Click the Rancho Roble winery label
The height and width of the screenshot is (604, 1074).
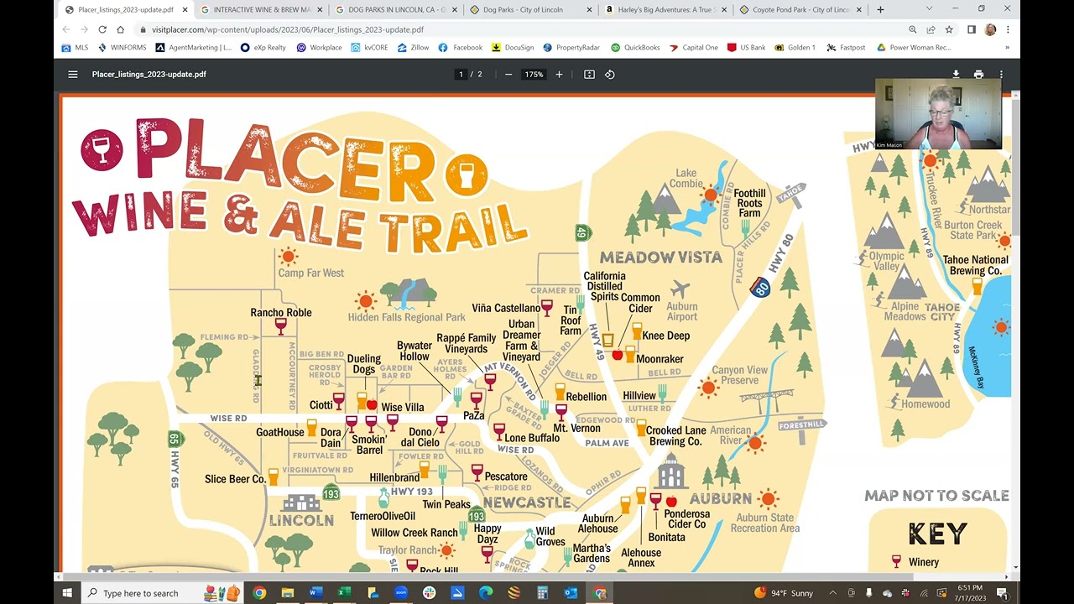pyautogui.click(x=280, y=313)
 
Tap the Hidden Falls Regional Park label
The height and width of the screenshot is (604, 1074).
pyautogui.click(x=406, y=317)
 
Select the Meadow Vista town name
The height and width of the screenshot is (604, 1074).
pyautogui.click(x=660, y=258)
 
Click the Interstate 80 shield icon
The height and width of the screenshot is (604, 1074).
pyautogui.click(x=760, y=288)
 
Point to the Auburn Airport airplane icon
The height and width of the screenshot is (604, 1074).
pyautogui.click(x=680, y=289)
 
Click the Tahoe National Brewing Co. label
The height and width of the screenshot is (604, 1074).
pyautogui.click(x=976, y=265)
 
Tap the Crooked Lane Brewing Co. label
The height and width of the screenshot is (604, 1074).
pyautogui.click(x=675, y=436)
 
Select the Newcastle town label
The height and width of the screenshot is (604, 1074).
pyautogui.click(x=527, y=502)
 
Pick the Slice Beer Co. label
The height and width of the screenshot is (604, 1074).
pyautogui.click(x=235, y=479)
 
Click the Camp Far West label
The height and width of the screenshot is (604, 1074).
pyautogui.click(x=310, y=273)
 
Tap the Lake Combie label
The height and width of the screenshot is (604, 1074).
pyautogui.click(x=686, y=179)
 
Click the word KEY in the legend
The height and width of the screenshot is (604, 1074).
pyautogui.click(x=937, y=534)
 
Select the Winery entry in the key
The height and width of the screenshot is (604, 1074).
pyautogui.click(x=923, y=562)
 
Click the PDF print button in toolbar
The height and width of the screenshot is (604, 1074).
pyautogui.click(x=978, y=75)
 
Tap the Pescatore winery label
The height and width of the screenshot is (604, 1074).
pyautogui.click(x=506, y=476)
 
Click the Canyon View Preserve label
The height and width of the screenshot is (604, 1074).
pyautogui.click(x=739, y=375)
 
